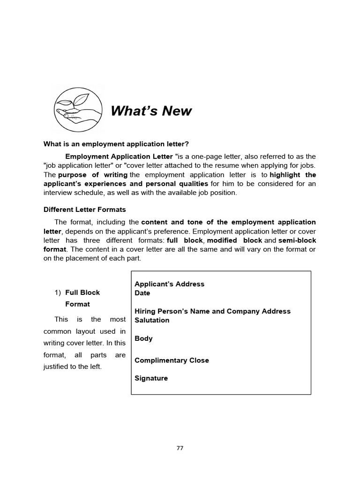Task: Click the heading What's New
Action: [151, 111]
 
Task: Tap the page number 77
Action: [180, 448]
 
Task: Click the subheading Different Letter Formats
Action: [85, 210]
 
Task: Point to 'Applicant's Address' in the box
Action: [169, 284]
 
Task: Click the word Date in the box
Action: [142, 293]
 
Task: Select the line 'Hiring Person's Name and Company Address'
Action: [212, 311]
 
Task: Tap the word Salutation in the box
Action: [152, 320]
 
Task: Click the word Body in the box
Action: [143, 338]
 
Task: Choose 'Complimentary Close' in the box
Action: [172, 360]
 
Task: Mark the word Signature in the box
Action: [151, 378]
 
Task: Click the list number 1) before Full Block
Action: [58, 292]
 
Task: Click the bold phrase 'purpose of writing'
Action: [93, 175]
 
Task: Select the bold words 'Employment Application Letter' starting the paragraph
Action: [119, 156]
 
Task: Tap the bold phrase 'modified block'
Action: [234, 240]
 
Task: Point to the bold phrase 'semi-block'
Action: [297, 240]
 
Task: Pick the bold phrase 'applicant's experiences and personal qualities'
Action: [126, 184]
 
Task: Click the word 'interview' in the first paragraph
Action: [57, 193]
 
